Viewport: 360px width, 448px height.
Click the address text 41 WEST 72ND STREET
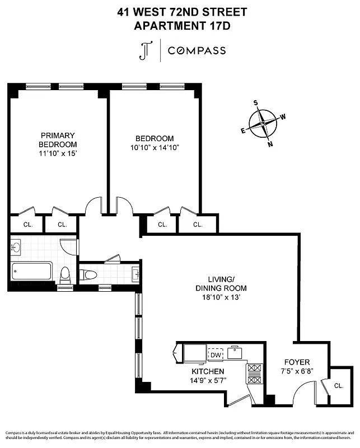click(x=183, y=11)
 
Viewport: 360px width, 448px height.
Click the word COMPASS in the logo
click(x=198, y=50)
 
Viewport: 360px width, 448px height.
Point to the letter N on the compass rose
click(x=271, y=144)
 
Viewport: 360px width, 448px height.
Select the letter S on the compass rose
click(x=256, y=102)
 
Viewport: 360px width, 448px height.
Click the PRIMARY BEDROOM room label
click(x=58, y=139)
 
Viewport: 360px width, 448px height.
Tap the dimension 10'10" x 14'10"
click(x=155, y=148)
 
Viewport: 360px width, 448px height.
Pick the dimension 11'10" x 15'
click(x=58, y=153)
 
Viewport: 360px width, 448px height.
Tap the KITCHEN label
click(x=208, y=371)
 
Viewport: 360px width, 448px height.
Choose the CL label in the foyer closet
click(x=339, y=386)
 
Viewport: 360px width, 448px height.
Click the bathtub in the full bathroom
click(x=31, y=272)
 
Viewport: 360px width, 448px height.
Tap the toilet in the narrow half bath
click(x=89, y=274)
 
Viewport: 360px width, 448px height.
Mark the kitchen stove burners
click(x=254, y=374)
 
